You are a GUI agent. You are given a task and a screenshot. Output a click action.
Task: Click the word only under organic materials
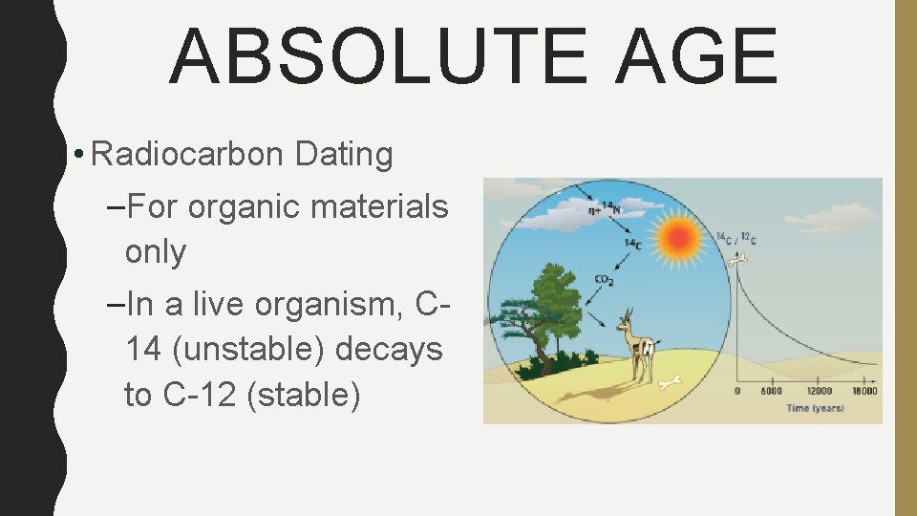[x=155, y=251]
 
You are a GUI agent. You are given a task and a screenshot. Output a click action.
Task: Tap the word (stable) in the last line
[x=303, y=395]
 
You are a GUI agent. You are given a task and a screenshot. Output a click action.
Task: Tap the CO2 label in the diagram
[x=604, y=280]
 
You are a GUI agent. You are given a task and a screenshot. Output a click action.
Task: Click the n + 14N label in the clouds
[x=605, y=203]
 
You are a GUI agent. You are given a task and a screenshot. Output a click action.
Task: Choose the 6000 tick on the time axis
[x=771, y=391]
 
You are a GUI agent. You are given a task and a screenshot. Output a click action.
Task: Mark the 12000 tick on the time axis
[x=818, y=391]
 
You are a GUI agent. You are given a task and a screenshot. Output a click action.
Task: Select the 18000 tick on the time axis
[x=864, y=391]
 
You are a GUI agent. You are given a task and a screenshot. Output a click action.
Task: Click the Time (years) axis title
[x=815, y=408]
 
